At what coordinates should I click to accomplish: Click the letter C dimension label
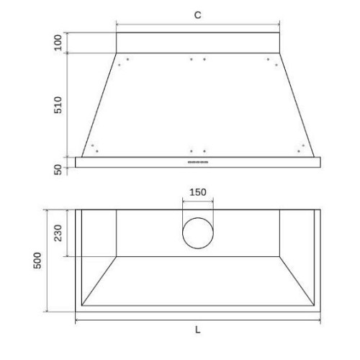pyautogui.click(x=197, y=15)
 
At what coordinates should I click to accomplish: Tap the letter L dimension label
pyautogui.click(x=197, y=330)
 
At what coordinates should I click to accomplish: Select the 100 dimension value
pyautogui.click(x=58, y=42)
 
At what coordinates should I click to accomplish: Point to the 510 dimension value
pyautogui.click(x=58, y=105)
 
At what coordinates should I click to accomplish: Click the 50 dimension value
pyautogui.click(x=58, y=170)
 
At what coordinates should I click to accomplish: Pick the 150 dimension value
pyautogui.click(x=198, y=192)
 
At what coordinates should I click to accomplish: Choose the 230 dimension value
pyautogui.click(x=58, y=233)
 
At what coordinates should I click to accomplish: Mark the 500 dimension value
pyautogui.click(x=37, y=261)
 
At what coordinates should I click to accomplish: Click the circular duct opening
pyautogui.click(x=198, y=217)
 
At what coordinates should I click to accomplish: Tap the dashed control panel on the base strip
pyautogui.click(x=198, y=162)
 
